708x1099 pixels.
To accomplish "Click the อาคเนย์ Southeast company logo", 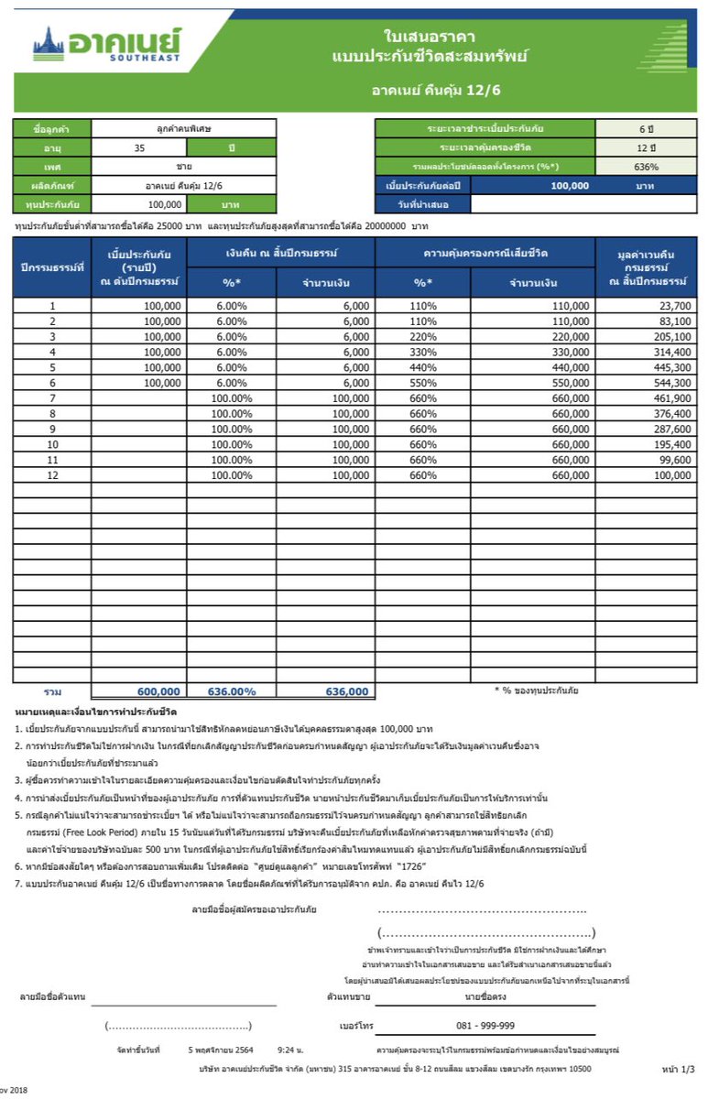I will coord(106,42).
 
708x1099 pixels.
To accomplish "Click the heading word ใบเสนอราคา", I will coord(429,35).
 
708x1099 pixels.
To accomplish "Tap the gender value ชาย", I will coord(184,166).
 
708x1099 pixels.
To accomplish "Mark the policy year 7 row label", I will coord(53,397).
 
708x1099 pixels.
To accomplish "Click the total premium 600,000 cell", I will coord(158,691).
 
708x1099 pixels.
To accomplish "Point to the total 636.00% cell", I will coord(233,691).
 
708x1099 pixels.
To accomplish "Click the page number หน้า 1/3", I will coord(678,1069).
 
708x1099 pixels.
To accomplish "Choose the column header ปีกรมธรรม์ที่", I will coord(53,267).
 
